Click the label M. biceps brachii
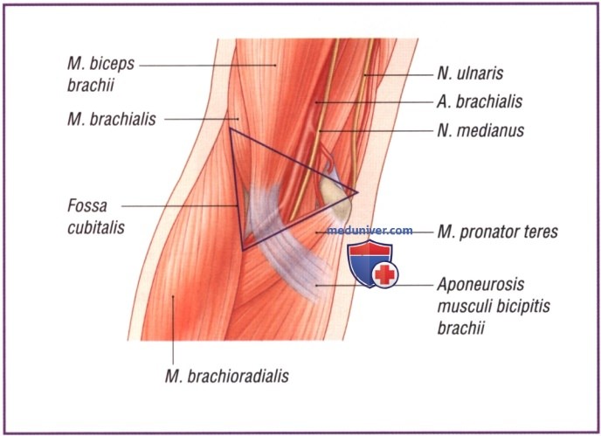pyautogui.click(x=100, y=74)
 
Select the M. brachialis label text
pyautogui.click(x=112, y=119)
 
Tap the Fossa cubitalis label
pyautogui.click(x=96, y=217)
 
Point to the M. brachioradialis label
pyautogui.click(x=227, y=377)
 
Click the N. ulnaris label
pyautogui.click(x=470, y=73)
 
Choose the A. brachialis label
pyautogui.click(x=480, y=101)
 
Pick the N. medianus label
pyautogui.click(x=480, y=130)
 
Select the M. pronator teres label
pyautogui.click(x=498, y=232)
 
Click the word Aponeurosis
pyautogui.click(x=480, y=285)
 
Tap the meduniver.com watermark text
pyautogui.click(x=370, y=231)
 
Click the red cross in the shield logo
pyautogui.click(x=385, y=274)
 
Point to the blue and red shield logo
pyautogui.click(x=373, y=264)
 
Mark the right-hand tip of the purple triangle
pyautogui.click(x=357, y=192)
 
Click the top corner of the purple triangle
pyautogui.click(x=230, y=128)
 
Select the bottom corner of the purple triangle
pyautogui.click(x=243, y=251)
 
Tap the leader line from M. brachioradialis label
pyautogui.click(x=173, y=329)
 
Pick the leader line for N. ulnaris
pyautogui.click(x=398, y=75)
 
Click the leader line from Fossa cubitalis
pyautogui.click(x=180, y=206)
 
